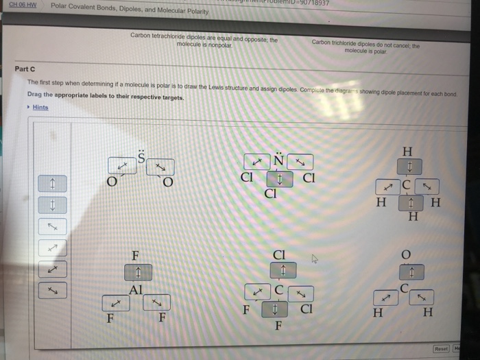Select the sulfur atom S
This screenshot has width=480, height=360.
click(142, 158)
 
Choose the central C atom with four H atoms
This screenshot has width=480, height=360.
click(407, 185)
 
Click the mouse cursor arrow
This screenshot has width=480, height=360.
click(315, 259)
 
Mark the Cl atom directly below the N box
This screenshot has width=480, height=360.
click(270, 193)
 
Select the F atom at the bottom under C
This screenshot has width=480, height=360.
click(278, 325)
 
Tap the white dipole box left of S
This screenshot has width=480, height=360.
click(121, 166)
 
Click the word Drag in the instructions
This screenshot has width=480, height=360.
click(34, 97)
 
